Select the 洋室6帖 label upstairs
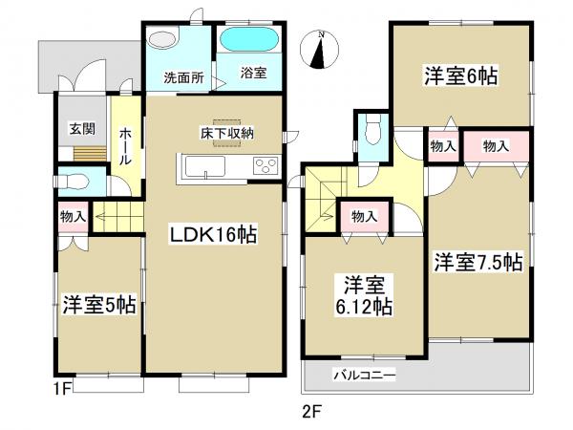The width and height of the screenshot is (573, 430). point(463,75)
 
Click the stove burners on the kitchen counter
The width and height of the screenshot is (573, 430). point(265,167)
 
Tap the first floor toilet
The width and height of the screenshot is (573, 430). point(71,179)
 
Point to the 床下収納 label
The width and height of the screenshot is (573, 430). point(226,133)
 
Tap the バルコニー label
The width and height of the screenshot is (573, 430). point(364,375)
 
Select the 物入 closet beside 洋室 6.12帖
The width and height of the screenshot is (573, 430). point(363,216)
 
